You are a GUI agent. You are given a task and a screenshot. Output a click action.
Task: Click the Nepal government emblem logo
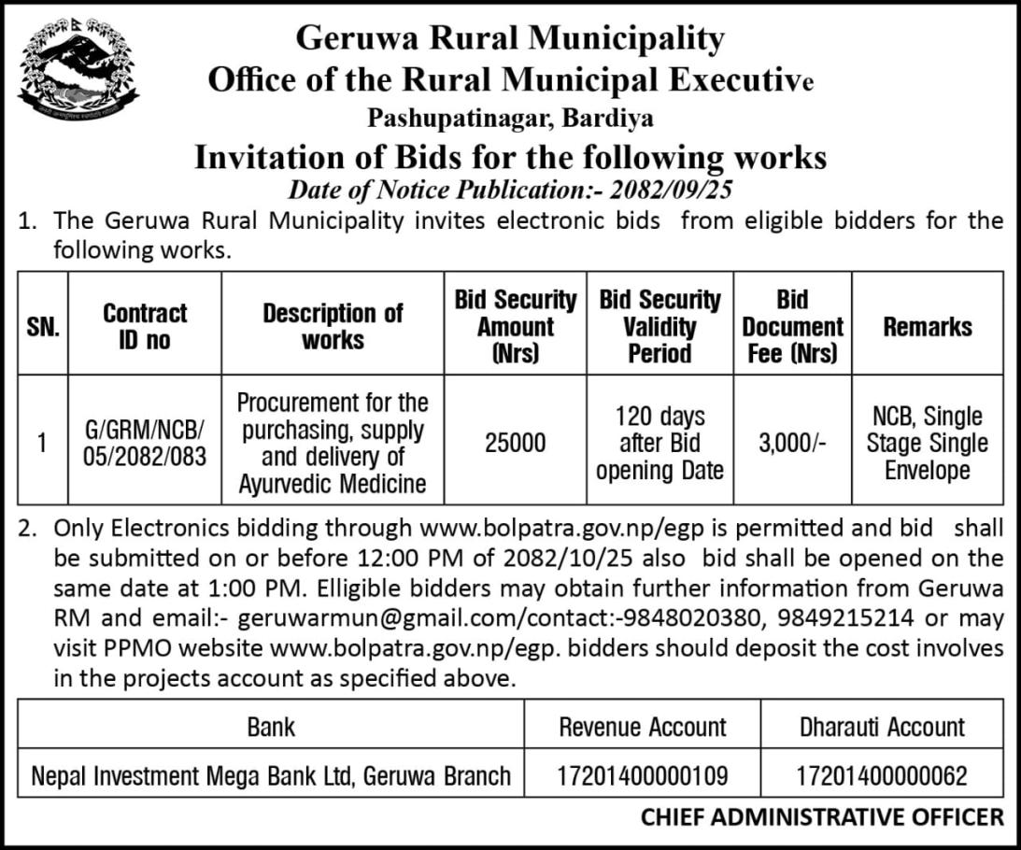[x=78, y=70]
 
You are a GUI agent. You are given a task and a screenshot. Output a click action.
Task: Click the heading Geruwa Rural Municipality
[x=510, y=38]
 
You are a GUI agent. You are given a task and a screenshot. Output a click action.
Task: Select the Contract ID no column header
[x=145, y=326]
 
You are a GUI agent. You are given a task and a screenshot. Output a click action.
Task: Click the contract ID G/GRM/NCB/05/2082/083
[x=144, y=443]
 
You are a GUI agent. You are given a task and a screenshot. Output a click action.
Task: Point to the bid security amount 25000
[x=515, y=443]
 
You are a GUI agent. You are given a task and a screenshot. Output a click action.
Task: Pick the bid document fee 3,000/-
[x=792, y=443]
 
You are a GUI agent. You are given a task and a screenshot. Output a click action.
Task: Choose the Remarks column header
[x=927, y=326]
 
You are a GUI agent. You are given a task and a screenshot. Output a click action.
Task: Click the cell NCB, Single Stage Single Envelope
[x=927, y=443]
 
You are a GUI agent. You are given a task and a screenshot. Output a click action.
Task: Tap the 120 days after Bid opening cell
[x=659, y=443]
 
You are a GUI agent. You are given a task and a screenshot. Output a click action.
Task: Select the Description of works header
[x=333, y=326]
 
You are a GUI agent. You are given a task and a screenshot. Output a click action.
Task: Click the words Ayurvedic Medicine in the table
[x=332, y=484]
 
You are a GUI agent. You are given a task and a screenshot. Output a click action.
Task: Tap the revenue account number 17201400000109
[x=643, y=774]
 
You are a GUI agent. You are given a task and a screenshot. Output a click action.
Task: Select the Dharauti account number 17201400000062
[x=882, y=774]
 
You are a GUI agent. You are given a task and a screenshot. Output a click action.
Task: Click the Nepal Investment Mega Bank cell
[x=271, y=774]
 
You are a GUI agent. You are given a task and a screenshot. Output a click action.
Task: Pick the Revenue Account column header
[x=643, y=727]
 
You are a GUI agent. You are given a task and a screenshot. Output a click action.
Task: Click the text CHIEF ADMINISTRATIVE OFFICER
[x=822, y=817]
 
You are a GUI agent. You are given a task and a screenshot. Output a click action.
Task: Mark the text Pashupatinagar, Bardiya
[x=510, y=119]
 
